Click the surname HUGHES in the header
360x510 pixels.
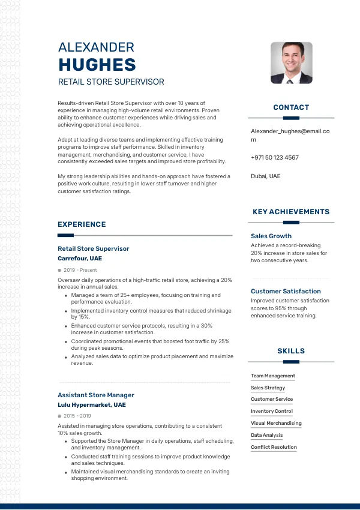click(x=97, y=65)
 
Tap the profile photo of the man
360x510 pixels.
click(x=292, y=62)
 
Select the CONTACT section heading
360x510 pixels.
click(x=291, y=107)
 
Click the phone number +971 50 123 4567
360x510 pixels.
click(x=274, y=157)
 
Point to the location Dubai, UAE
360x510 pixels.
click(x=265, y=176)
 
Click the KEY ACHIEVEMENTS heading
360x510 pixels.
click(x=291, y=212)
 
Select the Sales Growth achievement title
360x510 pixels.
click(x=271, y=236)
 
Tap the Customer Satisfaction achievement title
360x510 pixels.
click(x=286, y=291)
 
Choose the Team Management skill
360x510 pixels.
click(x=273, y=376)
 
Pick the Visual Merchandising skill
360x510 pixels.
click(x=276, y=423)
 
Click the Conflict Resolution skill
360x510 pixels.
click(x=274, y=447)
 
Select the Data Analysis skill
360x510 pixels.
click(x=266, y=435)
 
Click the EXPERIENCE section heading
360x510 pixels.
click(x=82, y=224)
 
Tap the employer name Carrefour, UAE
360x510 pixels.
click(x=80, y=259)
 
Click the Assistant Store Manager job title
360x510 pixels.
click(x=96, y=395)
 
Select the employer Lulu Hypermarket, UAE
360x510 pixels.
click(x=92, y=405)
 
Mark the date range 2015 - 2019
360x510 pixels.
click(x=77, y=416)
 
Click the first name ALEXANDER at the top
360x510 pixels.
click(x=96, y=47)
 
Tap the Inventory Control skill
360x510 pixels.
click(x=272, y=411)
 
